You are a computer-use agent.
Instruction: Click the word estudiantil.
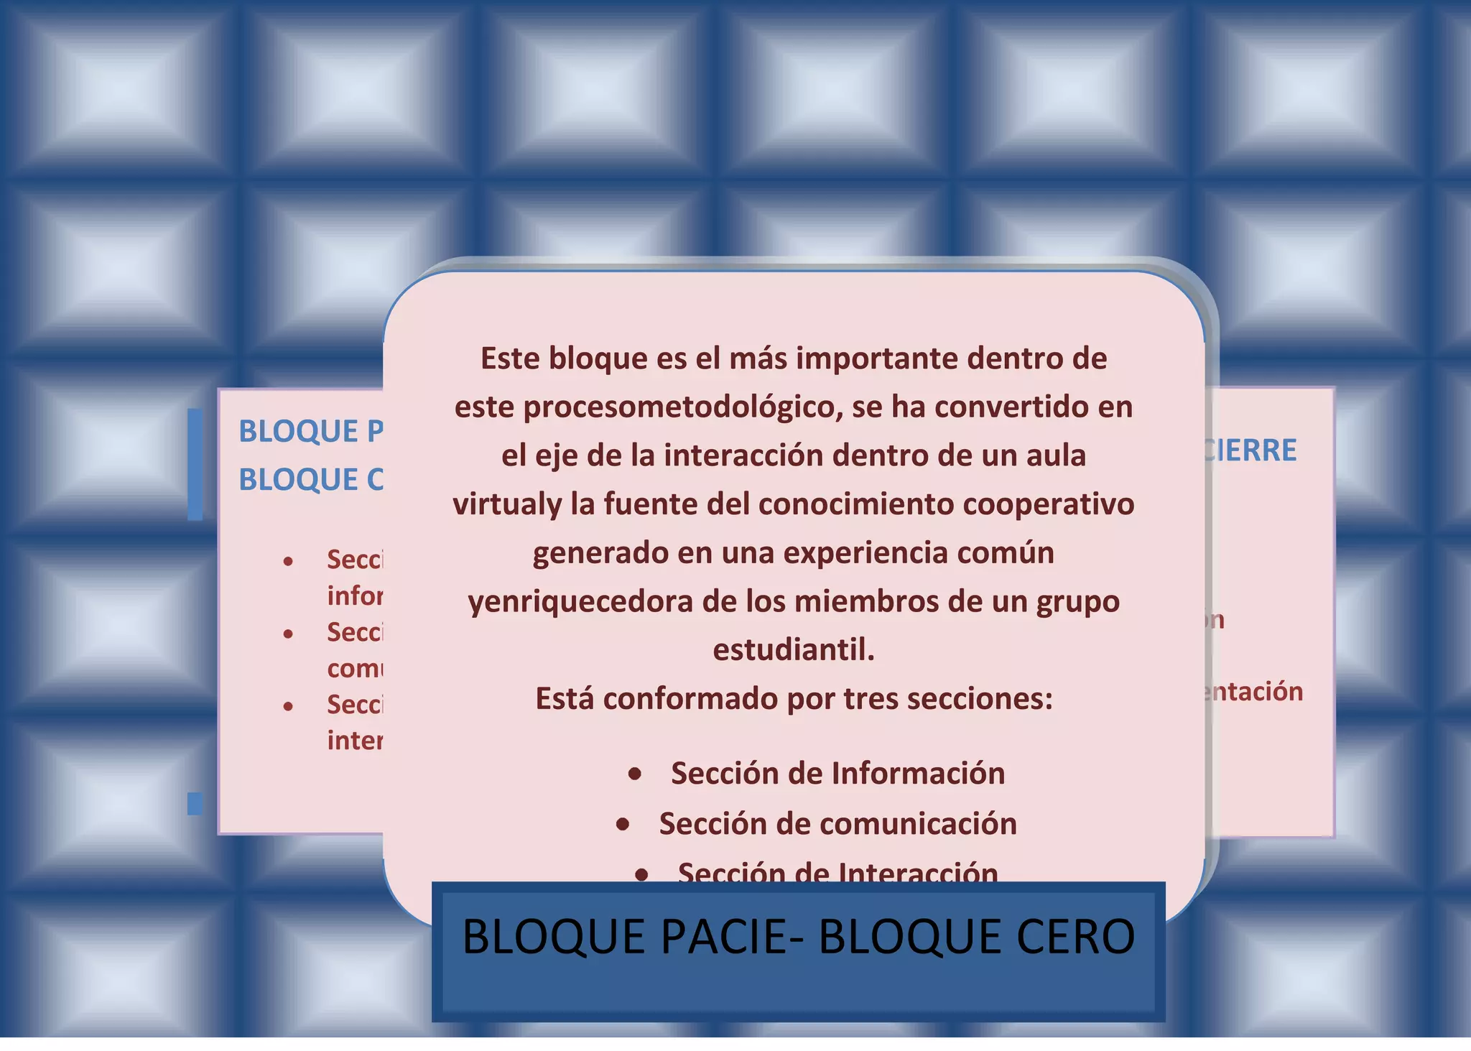tap(794, 649)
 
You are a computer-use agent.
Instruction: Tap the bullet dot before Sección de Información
tap(635, 774)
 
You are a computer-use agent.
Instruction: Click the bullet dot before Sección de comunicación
tap(623, 824)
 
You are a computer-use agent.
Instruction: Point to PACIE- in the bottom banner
tap(731, 937)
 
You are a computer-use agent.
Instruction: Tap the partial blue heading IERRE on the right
tap(1253, 450)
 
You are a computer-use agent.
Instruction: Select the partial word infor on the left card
tap(355, 596)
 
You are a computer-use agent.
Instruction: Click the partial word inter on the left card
tap(355, 740)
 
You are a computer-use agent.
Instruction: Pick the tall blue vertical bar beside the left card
tap(195, 464)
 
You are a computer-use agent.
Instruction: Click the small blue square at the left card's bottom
tap(195, 803)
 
